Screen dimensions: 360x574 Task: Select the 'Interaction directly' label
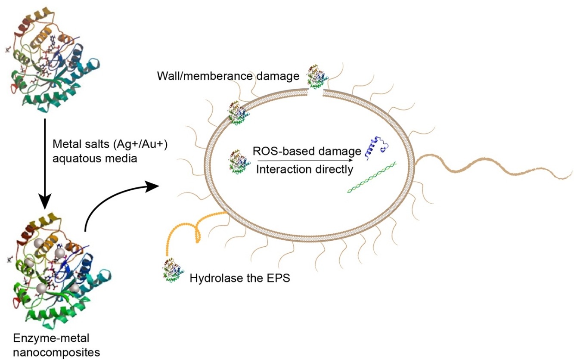coord(304,169)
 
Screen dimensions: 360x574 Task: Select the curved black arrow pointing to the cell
coord(116,202)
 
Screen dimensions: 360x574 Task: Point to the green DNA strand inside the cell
coord(372,177)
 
